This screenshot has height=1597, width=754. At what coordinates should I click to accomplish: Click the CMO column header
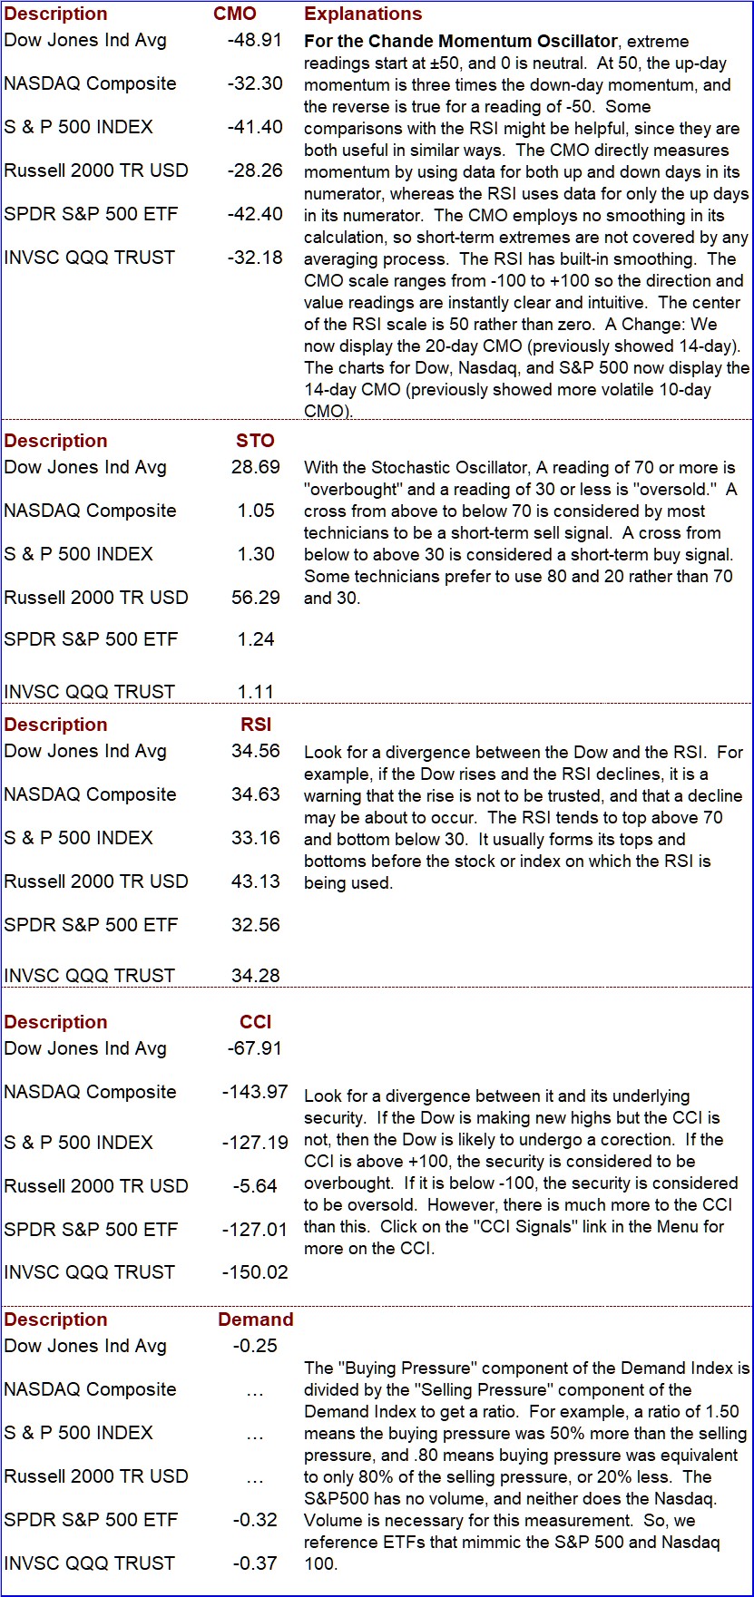click(235, 14)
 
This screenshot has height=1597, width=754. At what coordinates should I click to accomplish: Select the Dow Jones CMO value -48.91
click(255, 40)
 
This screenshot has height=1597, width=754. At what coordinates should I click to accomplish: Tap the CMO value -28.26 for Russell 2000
click(255, 170)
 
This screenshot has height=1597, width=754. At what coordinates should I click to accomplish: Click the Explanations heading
click(363, 14)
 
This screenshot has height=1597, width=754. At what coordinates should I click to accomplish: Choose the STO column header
click(255, 441)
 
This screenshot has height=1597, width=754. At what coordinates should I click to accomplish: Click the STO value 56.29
click(256, 598)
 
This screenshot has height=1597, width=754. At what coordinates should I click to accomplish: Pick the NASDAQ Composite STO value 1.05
click(256, 511)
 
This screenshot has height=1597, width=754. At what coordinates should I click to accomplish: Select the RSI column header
click(256, 725)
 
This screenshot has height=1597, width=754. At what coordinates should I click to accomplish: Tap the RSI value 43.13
click(256, 881)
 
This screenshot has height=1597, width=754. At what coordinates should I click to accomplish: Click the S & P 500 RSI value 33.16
click(256, 838)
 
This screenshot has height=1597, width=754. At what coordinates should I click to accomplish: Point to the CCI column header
click(256, 1022)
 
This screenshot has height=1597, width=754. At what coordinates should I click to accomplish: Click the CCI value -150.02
click(255, 1272)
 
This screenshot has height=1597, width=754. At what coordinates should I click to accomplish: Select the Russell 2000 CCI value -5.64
click(255, 1186)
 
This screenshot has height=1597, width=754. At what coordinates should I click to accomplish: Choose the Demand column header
click(256, 1319)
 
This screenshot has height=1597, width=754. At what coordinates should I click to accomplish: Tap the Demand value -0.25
click(255, 1346)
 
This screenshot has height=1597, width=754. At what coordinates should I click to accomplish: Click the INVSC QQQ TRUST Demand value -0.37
click(255, 1563)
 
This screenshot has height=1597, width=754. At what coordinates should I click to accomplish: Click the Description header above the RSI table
click(55, 725)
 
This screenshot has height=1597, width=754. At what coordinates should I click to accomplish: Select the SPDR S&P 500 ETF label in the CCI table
click(91, 1230)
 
